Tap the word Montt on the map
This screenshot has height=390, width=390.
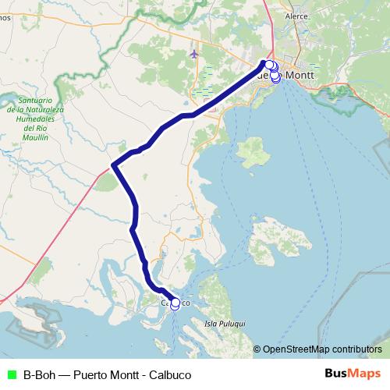[x=300, y=75]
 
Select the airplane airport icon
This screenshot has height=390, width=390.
[x=193, y=54]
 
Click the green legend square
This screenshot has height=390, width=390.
[x=9, y=374]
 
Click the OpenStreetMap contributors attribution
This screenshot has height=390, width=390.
[x=321, y=349]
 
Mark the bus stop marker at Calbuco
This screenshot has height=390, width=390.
[x=175, y=303]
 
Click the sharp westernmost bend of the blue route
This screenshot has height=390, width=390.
[x=113, y=165]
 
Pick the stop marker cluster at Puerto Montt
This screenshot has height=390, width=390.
[x=272, y=70]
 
